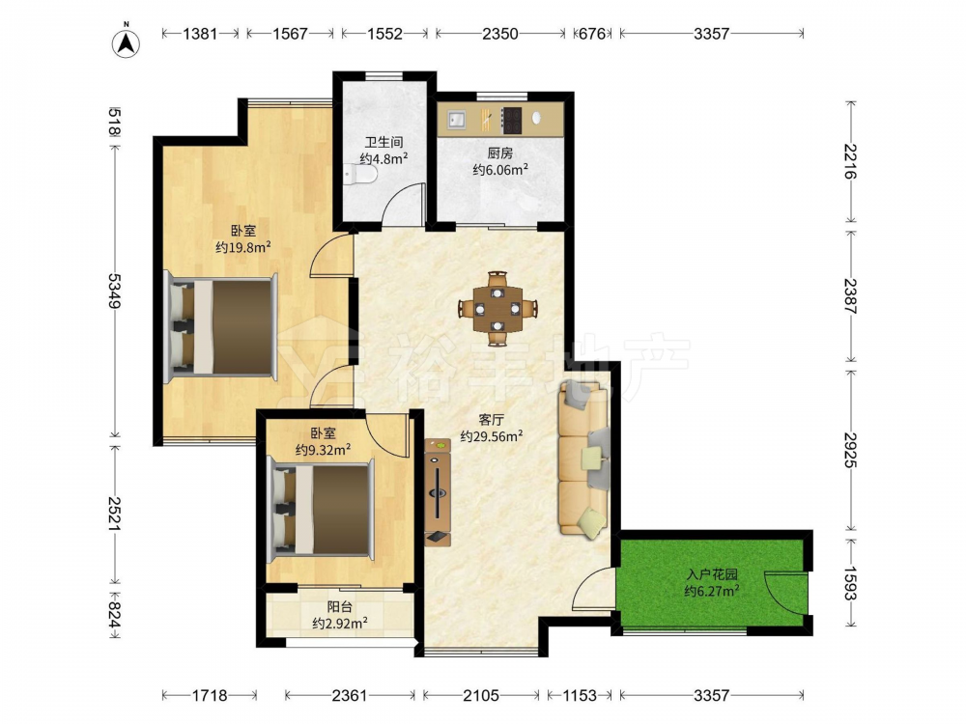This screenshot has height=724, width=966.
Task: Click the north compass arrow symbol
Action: pos(126,43)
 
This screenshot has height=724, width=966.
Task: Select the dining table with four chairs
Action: pos(497,308)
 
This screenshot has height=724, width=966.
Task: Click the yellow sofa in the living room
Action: pos(583,459)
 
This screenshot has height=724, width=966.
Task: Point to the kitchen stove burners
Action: pos(512,121)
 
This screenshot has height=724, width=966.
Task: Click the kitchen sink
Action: pos(457,120)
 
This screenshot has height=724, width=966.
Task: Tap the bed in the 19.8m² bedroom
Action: pos(222,326)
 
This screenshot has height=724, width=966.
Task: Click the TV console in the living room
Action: pos(438,492)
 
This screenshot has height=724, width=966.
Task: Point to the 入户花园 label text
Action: pos(712,575)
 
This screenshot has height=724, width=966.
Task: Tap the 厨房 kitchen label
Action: pos(499,153)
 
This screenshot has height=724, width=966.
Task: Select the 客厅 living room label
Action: pos(491,420)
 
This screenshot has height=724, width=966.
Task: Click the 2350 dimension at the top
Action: pos(499,34)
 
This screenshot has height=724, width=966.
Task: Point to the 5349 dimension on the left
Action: pos(115,292)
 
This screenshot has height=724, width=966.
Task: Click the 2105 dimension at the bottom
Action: pos(480,696)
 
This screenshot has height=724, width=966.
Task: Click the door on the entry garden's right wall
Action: pos(784,593)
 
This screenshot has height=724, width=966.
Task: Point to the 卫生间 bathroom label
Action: pos(384,142)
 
